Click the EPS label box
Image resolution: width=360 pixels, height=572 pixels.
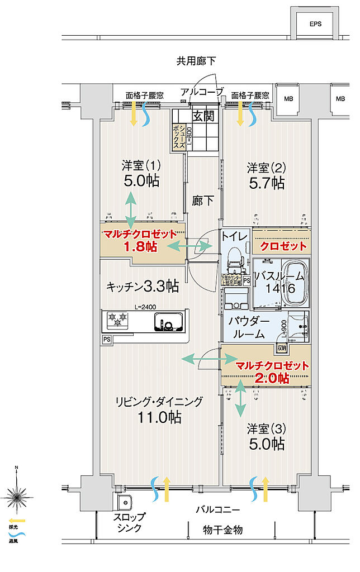click(x=316, y=24)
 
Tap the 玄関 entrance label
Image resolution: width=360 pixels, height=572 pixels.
click(x=203, y=116)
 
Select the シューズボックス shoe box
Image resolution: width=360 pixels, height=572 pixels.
click(x=179, y=136)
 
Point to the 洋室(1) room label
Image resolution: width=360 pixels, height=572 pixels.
click(x=141, y=166)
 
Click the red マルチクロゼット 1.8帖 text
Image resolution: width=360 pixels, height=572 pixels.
click(x=143, y=241)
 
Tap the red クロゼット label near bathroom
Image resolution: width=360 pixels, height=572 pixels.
click(x=283, y=246)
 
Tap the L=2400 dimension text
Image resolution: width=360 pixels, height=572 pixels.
click(x=145, y=306)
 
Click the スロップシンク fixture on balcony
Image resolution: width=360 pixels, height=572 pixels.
click(x=124, y=502)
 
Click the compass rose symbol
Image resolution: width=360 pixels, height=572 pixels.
click(x=17, y=494)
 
